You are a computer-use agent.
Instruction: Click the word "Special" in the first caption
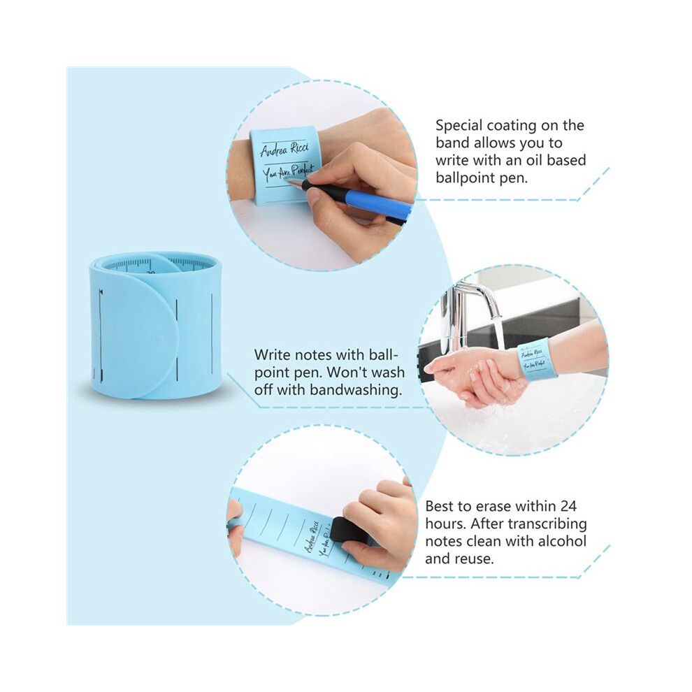click(x=459, y=127)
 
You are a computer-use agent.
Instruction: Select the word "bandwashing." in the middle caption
click(x=356, y=390)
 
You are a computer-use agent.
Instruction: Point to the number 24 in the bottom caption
click(x=568, y=506)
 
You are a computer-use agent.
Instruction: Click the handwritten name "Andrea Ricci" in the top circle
click(x=284, y=149)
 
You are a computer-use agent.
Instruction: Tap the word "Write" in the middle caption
click(x=272, y=355)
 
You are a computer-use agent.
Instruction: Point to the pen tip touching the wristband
click(x=286, y=180)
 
